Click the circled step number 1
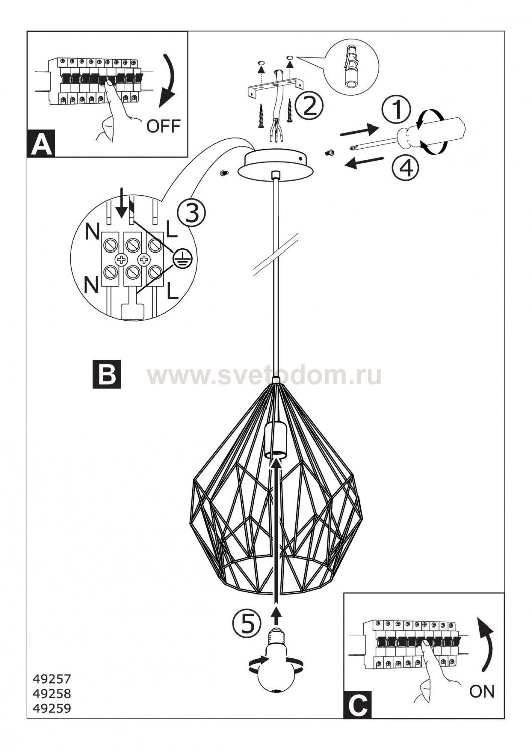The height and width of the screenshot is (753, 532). pos(397,110)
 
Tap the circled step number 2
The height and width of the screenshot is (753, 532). pos(309,106)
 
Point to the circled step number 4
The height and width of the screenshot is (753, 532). pos(406,167)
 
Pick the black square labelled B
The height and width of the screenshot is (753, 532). pos(107,374)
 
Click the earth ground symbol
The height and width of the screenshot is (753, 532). pos(179,258)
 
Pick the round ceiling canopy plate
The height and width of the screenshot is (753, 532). pos(275,164)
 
